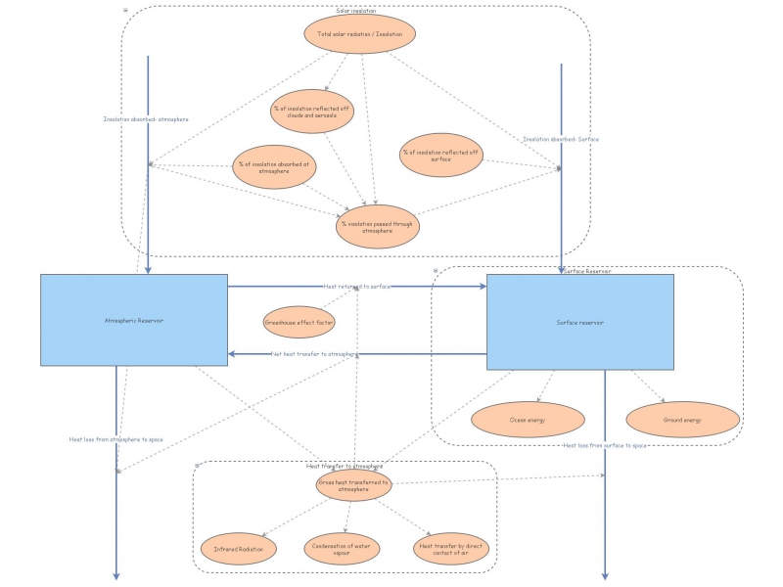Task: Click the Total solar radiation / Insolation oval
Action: coord(360,34)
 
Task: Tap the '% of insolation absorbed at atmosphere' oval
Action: coord(275,166)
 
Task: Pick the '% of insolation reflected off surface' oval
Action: coord(440,155)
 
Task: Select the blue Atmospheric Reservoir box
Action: coord(133,320)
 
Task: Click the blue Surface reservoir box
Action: coord(579,322)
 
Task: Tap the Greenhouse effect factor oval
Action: coord(299,321)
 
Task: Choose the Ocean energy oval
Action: coord(528,420)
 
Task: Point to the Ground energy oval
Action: coord(681,420)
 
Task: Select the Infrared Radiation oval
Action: coord(238,550)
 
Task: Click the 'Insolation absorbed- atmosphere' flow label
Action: coord(146,119)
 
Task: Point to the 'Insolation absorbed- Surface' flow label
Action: coord(560,139)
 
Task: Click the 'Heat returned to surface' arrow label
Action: coord(357,287)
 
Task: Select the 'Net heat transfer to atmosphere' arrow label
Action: coord(314,354)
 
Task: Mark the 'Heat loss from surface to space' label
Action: coord(605,446)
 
